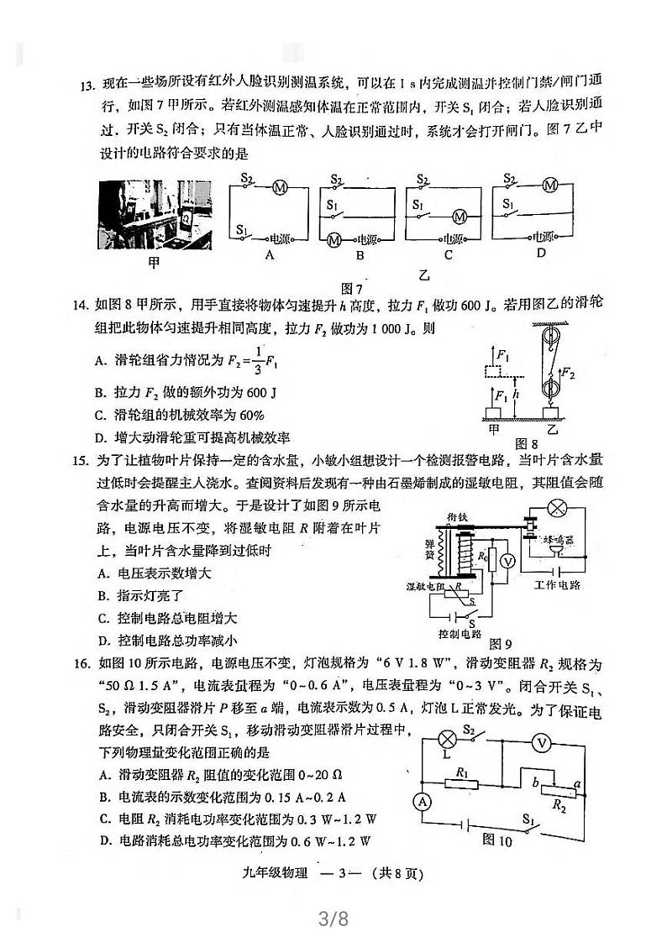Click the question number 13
[86, 85]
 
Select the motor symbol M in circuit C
[459, 216]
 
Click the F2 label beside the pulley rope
[570, 372]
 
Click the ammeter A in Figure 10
[423, 802]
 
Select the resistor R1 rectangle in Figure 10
[460, 783]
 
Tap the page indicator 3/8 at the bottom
[333, 919]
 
